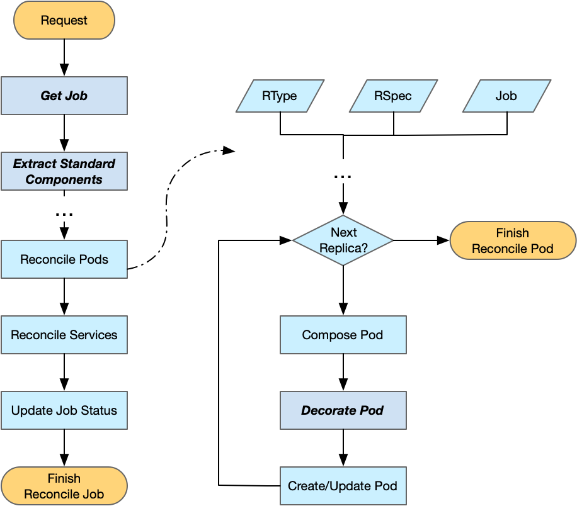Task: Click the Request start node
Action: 64,20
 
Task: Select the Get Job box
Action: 64,96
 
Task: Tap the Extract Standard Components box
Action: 64,171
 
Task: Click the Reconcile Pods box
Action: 64,259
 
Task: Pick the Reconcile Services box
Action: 64,335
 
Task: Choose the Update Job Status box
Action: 64,410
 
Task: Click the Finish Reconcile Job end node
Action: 64,486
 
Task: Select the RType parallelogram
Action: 280,96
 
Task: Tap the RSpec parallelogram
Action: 393,96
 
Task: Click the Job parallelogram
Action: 506,96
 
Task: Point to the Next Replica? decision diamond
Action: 343,240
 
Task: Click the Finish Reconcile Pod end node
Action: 513,240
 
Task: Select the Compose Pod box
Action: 343,335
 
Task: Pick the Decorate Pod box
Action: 343,410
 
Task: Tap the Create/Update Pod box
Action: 343,486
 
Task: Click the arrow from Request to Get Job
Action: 64,58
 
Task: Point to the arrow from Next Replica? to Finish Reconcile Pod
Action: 421,240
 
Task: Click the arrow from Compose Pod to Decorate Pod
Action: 343,373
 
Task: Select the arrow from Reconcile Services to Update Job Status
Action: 64,373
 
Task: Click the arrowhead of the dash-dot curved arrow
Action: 229,150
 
